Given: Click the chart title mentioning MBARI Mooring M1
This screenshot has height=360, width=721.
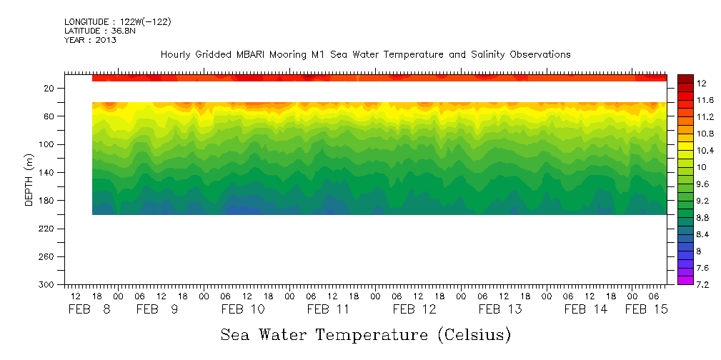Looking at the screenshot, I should (x=365, y=55).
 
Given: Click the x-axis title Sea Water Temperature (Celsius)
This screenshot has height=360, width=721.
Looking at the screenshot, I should (x=365, y=334).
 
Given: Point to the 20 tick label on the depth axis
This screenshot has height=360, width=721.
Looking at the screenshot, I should (x=50, y=89).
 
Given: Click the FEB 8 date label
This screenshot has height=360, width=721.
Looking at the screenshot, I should (x=90, y=309).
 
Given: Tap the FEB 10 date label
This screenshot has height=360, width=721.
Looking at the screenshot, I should (x=243, y=309).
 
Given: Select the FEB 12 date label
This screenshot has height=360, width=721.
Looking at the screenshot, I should (x=414, y=309).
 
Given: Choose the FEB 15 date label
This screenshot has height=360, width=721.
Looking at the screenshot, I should (x=646, y=309).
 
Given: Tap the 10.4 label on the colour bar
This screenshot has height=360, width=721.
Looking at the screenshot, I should (x=705, y=151).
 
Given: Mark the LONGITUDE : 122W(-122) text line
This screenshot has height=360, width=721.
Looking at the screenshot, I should (x=117, y=22).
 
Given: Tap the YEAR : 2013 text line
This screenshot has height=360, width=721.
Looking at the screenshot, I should (x=90, y=41).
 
